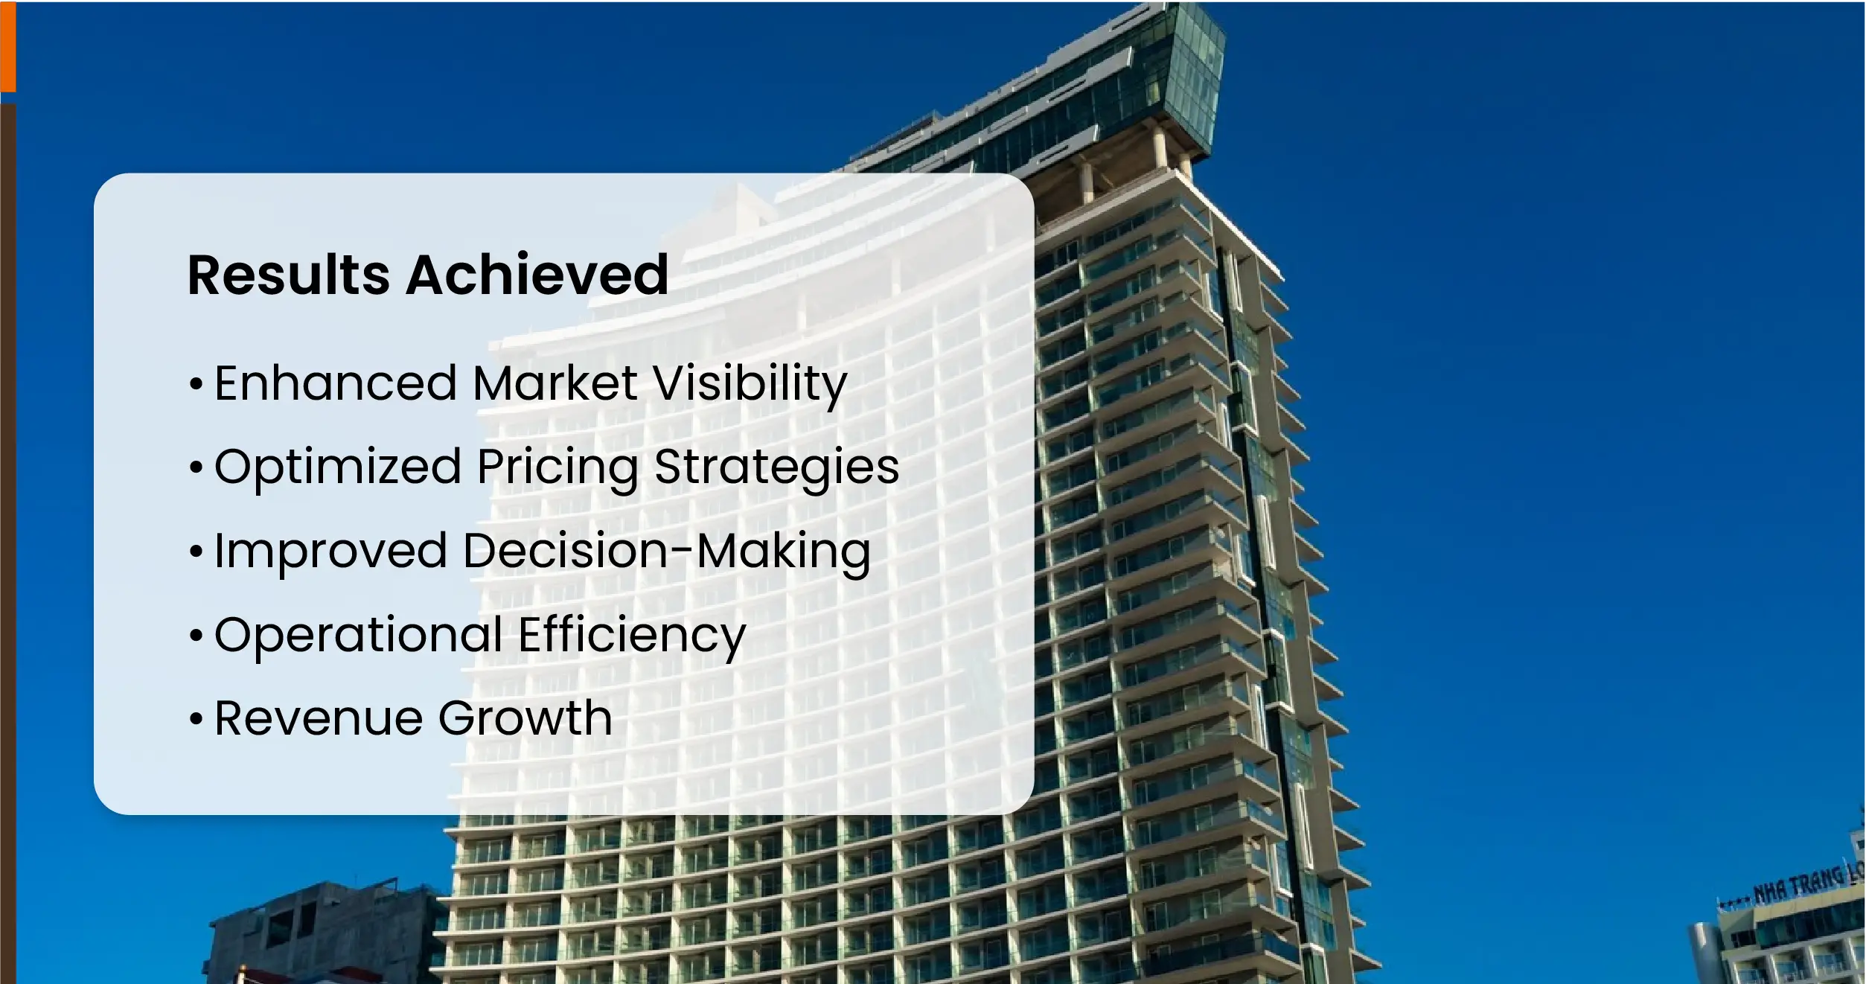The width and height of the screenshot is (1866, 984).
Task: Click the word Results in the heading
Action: click(x=288, y=275)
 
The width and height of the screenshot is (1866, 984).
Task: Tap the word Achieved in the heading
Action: click(x=537, y=274)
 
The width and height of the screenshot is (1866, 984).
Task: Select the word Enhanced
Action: click(x=336, y=383)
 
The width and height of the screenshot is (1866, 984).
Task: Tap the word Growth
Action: click(x=525, y=718)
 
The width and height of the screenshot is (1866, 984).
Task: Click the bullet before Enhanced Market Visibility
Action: click(x=196, y=384)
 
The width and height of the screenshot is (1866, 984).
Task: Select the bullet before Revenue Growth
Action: click(x=196, y=719)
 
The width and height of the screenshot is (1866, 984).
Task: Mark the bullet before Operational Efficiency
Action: click(x=196, y=636)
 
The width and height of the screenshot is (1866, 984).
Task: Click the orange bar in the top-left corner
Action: click(x=7, y=46)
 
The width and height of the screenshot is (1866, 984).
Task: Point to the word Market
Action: click(x=555, y=383)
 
